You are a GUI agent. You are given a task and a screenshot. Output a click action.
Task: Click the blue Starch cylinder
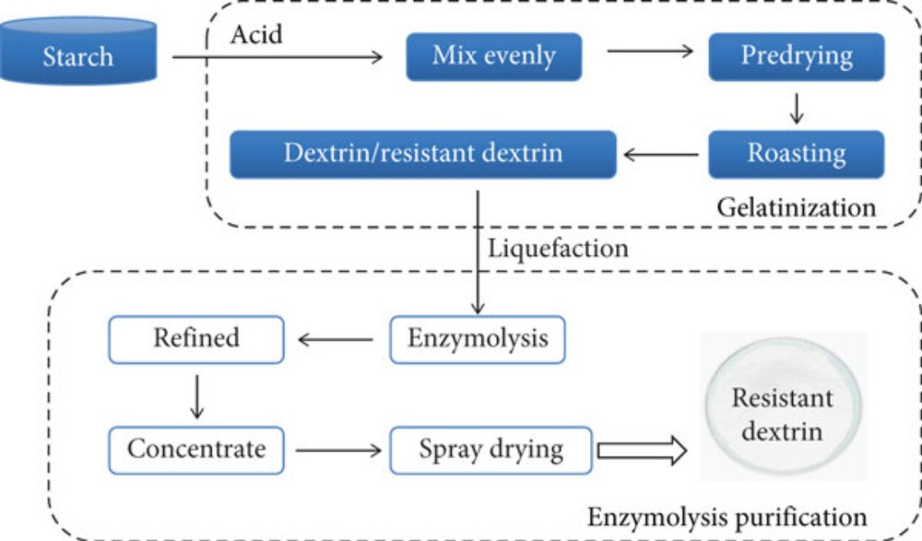coord(77,57)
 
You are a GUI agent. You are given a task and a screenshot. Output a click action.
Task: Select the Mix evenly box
coord(494,56)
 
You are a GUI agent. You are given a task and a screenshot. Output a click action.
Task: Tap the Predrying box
coord(797,56)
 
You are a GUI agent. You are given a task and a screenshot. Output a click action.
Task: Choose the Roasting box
coord(797,154)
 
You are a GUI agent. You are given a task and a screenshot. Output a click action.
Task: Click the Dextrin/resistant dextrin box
coord(423,154)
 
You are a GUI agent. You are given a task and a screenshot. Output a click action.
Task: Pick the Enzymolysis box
coord(478,338)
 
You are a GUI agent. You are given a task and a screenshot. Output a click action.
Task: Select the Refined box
coord(196,338)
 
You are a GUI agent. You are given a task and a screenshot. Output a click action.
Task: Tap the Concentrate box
coord(196,450)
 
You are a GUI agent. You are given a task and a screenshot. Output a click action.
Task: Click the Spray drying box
coord(491,450)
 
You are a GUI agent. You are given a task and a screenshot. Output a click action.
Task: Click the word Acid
coord(256,35)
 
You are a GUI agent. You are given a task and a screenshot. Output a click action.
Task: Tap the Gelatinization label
coord(797,207)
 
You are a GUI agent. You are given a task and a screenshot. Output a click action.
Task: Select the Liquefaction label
coord(559,248)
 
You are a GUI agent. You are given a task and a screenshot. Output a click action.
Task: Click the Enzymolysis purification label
coord(727,515)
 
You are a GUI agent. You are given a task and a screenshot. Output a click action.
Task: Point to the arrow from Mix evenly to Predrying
coord(650,52)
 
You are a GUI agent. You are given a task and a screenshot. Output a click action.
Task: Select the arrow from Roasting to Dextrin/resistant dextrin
coord(661,155)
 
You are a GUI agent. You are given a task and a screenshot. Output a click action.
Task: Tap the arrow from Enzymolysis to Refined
coord(336,340)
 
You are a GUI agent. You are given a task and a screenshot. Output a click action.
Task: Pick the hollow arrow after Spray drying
coord(642,451)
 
